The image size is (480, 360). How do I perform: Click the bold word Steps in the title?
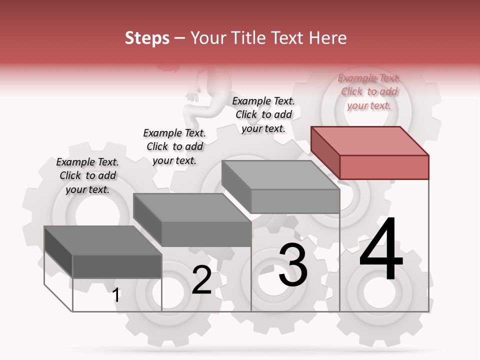tap(147, 38)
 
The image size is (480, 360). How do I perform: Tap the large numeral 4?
tap(381, 249)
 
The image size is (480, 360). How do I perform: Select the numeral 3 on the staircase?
tap(293, 265)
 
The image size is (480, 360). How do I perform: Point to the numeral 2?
tap(201, 280)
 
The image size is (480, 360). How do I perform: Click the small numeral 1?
tap(116, 295)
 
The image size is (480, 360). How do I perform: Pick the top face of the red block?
tap(370, 141)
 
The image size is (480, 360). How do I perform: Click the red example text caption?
tap(368, 91)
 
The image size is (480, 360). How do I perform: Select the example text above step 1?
tap(87, 175)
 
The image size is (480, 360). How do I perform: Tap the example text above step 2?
tap(174, 146)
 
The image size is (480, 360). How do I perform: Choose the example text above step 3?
tap(263, 114)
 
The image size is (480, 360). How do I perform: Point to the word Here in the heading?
tap(328, 38)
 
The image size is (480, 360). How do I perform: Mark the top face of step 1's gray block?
tap(102, 240)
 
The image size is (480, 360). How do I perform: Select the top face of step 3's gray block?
tap(280, 175)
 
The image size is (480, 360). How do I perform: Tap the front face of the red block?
tap(384, 167)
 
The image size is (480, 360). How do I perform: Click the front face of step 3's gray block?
tap(295, 201)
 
